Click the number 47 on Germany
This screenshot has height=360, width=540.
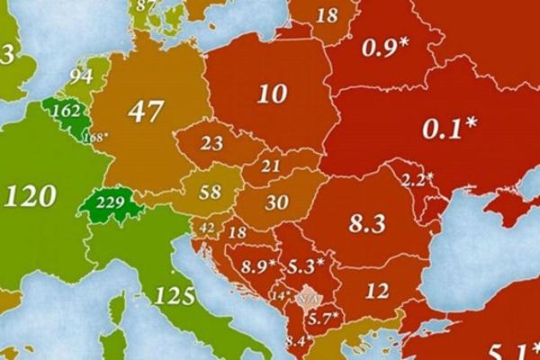pyautogui.click(x=146, y=112)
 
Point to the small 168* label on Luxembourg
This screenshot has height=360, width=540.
pyautogui.click(x=94, y=137)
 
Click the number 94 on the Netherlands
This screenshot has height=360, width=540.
pyautogui.click(x=81, y=76)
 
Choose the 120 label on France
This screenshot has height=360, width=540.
pyautogui.click(x=31, y=194)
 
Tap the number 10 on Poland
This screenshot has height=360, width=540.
pyautogui.click(x=271, y=93)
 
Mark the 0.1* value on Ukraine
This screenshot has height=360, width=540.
pyautogui.click(x=449, y=129)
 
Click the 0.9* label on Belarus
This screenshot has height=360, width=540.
pyautogui.click(x=384, y=49)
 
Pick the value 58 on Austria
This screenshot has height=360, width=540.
pyautogui.click(x=211, y=193)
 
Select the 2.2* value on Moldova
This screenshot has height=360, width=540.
pyautogui.click(x=418, y=178)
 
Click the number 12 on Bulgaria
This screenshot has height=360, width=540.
pyautogui.click(x=377, y=290)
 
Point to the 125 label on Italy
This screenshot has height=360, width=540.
pyautogui.click(x=174, y=294)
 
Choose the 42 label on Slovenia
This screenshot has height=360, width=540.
pyautogui.click(x=207, y=228)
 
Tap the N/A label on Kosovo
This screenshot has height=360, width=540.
pyautogui.click(x=308, y=298)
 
